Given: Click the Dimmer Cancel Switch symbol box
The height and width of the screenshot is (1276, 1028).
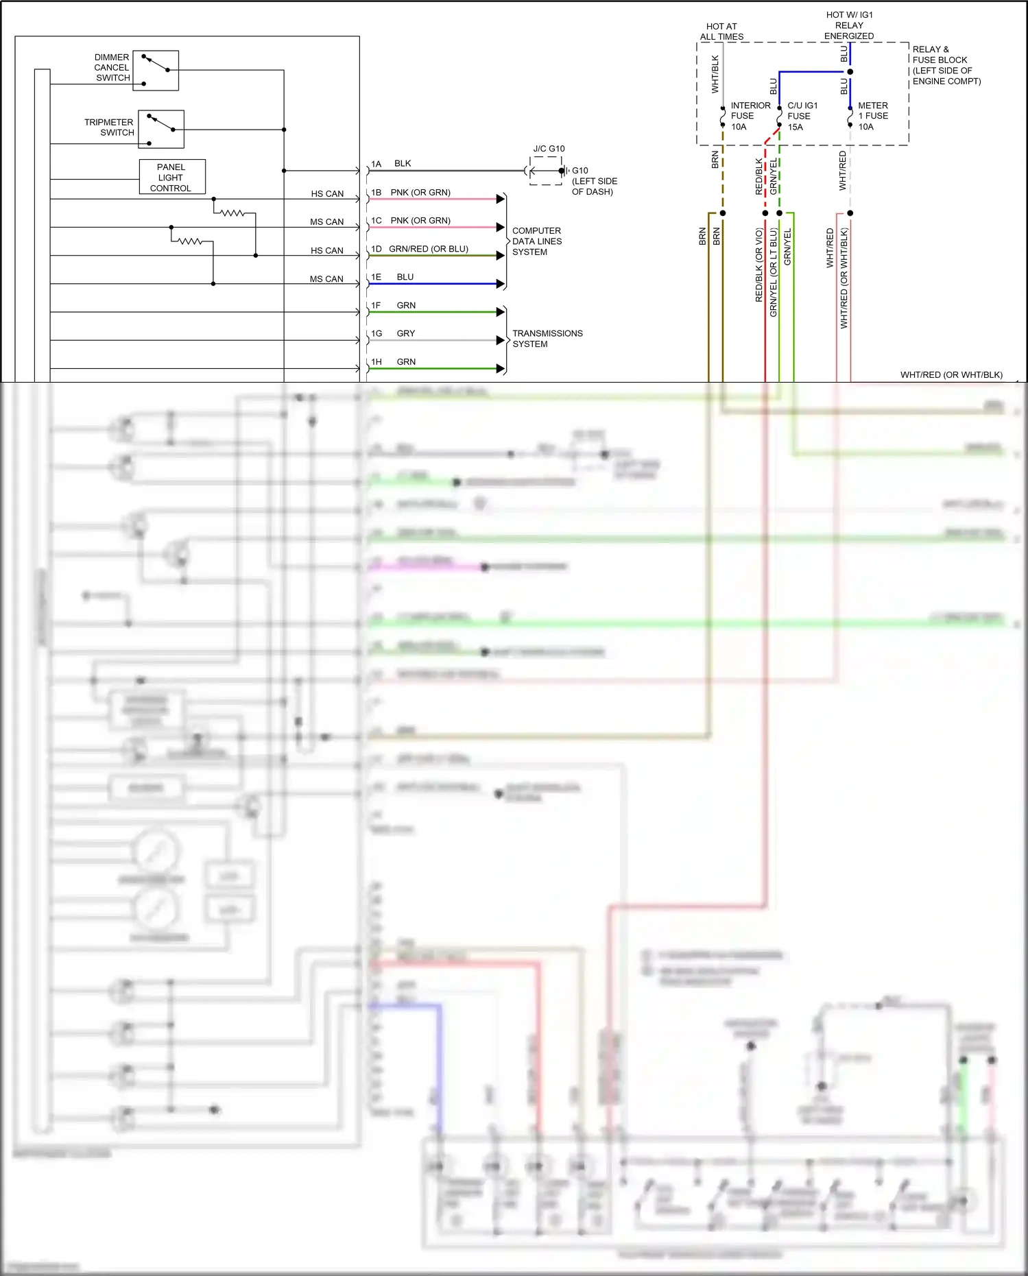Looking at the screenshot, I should [156, 70].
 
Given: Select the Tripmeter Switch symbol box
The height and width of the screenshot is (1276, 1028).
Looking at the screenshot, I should [161, 129].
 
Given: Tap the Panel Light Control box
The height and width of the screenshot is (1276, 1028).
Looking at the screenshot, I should [171, 177].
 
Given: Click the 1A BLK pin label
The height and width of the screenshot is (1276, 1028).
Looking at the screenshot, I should [391, 164].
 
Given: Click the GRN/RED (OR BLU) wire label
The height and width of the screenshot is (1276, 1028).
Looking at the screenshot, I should [429, 249].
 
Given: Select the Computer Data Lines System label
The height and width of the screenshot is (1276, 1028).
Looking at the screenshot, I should [537, 241].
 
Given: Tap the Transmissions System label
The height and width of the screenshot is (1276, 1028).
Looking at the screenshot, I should [547, 339].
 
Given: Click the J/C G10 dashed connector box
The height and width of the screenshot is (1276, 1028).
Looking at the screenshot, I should [546, 170].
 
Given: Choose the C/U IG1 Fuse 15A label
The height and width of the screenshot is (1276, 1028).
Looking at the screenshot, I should [802, 116].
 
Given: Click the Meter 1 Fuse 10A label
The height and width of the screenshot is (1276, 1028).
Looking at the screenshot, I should [873, 116].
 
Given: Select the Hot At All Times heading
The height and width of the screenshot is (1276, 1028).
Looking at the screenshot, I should [721, 32].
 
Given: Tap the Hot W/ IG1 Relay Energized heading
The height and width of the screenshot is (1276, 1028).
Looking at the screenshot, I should [849, 25].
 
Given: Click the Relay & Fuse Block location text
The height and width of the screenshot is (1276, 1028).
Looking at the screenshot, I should [946, 65].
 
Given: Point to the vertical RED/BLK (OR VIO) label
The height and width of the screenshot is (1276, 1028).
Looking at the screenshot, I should [759, 265].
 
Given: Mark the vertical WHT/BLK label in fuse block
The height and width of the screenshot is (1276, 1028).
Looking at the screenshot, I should [715, 74].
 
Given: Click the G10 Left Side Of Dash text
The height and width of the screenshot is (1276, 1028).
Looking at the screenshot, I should [594, 181].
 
